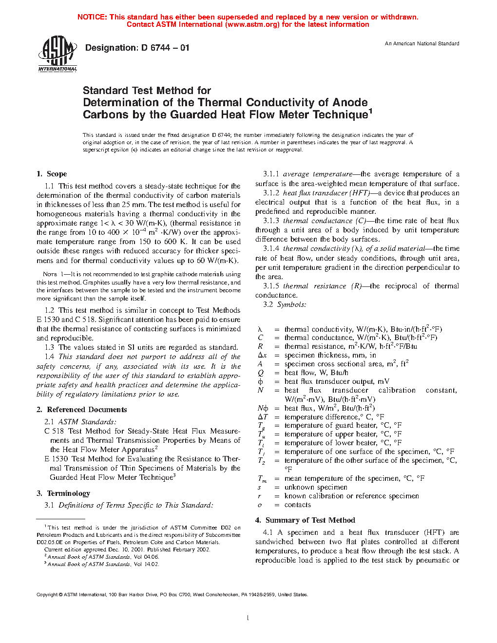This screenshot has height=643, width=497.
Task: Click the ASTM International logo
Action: (57, 53)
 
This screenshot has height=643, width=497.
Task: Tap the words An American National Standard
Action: (422, 44)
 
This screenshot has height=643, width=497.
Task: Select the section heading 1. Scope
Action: (52, 174)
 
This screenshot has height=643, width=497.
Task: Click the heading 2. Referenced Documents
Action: (82, 410)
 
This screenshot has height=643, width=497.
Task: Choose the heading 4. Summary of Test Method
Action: (305, 520)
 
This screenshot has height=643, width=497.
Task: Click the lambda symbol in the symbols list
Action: (260, 330)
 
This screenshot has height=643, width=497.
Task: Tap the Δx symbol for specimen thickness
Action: (262, 356)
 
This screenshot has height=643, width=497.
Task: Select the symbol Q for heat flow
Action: (261, 373)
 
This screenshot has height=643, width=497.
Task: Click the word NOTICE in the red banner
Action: (92, 17)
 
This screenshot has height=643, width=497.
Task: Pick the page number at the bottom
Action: (248, 618)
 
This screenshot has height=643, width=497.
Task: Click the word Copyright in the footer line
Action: (47, 595)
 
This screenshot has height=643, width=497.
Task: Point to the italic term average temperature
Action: (317, 174)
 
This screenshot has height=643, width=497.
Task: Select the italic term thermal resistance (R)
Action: (322, 286)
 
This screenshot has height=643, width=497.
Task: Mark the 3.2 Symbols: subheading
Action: (291, 304)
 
